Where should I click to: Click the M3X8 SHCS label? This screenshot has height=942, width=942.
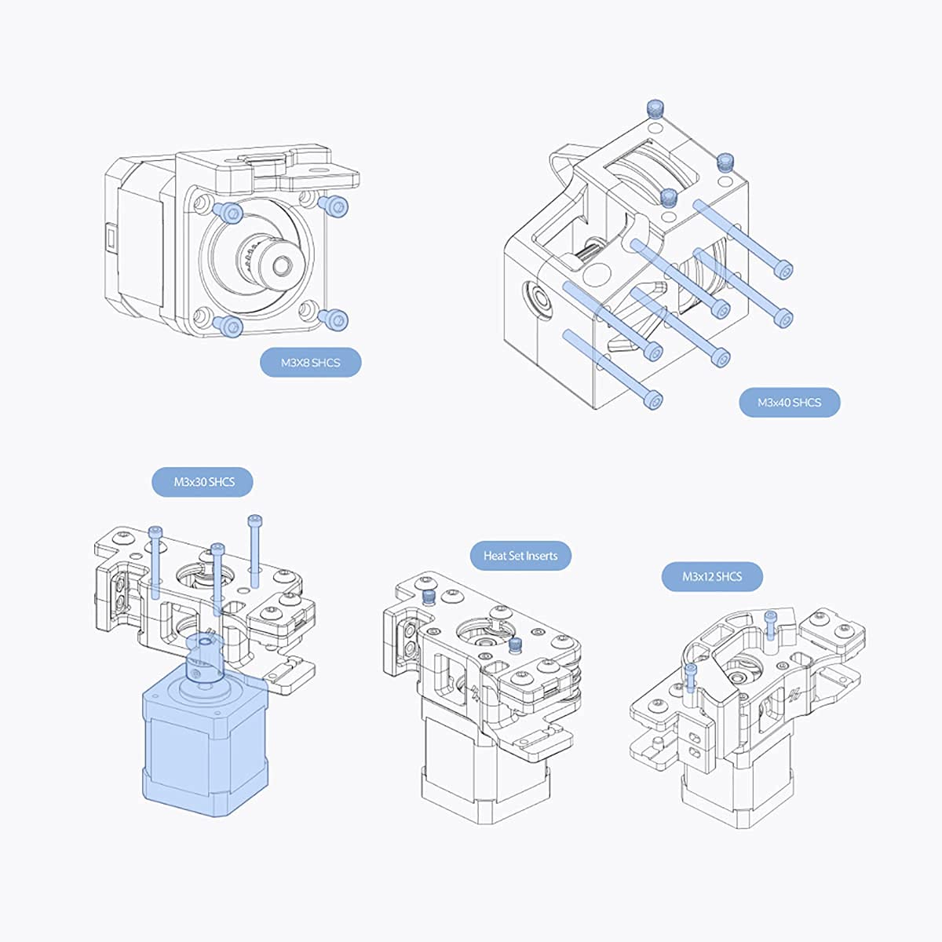pyautogui.click(x=310, y=363)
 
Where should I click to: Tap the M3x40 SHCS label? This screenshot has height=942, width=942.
pyautogui.click(x=790, y=403)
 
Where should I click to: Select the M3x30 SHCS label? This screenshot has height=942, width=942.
pyautogui.click(x=203, y=482)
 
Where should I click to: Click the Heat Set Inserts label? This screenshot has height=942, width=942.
pyautogui.click(x=520, y=556)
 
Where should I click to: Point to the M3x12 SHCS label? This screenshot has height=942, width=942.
pyautogui.click(x=712, y=577)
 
